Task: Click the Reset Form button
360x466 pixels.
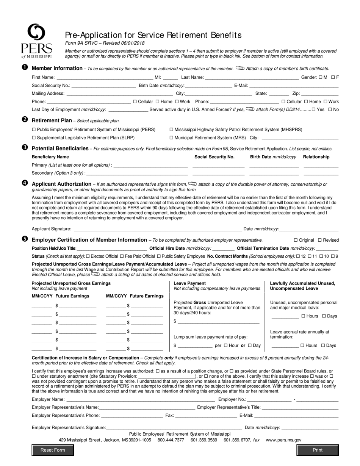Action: [x=53, y=450]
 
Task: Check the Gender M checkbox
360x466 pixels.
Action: [x=321, y=77]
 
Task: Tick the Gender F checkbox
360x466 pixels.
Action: [x=333, y=77]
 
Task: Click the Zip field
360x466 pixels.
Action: [x=320, y=94]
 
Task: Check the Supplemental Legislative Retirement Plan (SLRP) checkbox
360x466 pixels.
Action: [x=34, y=138]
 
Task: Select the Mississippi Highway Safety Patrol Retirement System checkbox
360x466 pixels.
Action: [x=171, y=130]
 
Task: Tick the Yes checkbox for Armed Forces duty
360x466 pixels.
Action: [x=313, y=109]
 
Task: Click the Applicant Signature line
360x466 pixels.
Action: [x=158, y=229]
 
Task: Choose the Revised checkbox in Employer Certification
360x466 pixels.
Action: [x=320, y=240]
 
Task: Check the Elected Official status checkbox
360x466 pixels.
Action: [x=88, y=256]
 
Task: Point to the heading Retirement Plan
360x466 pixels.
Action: [x=52, y=120]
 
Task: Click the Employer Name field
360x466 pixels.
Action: [x=141, y=399]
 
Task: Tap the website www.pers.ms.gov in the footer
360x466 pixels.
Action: [x=283, y=440]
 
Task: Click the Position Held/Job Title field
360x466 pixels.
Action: [x=112, y=249]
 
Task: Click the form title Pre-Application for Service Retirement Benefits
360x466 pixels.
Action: [x=153, y=35]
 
